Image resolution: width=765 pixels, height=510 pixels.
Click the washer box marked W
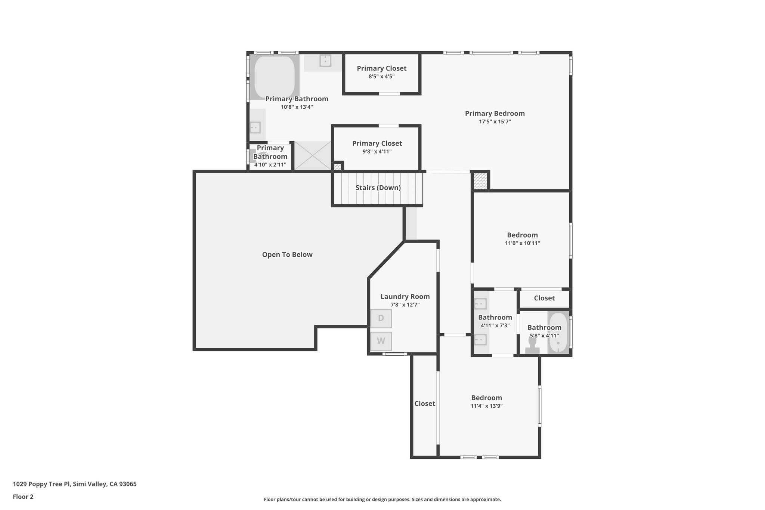(381, 341)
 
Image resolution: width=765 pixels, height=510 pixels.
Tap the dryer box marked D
(381, 318)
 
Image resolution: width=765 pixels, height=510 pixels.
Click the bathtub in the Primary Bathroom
(275, 77)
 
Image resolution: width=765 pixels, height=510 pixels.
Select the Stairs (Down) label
(378, 188)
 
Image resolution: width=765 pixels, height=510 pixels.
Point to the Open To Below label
(287, 254)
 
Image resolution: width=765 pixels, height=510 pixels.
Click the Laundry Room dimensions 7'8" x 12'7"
(405, 305)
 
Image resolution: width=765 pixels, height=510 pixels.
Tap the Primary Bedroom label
(495, 113)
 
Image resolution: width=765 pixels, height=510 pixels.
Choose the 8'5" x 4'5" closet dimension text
(381, 77)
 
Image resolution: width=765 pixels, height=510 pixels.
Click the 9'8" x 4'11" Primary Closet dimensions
(377, 152)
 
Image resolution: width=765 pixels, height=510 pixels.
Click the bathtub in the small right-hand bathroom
(558, 333)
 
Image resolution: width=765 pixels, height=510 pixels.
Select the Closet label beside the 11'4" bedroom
(424, 404)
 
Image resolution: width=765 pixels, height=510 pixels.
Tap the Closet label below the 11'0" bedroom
(544, 298)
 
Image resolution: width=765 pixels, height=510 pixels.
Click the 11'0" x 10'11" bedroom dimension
(522, 243)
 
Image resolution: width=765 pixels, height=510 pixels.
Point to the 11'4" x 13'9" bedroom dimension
(486, 406)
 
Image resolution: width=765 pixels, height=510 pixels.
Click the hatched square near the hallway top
(480, 181)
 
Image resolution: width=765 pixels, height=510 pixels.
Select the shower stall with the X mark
(313, 155)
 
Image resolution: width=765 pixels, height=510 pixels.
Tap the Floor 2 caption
(23, 497)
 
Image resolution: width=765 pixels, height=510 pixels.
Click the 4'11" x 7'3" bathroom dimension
(495, 325)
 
